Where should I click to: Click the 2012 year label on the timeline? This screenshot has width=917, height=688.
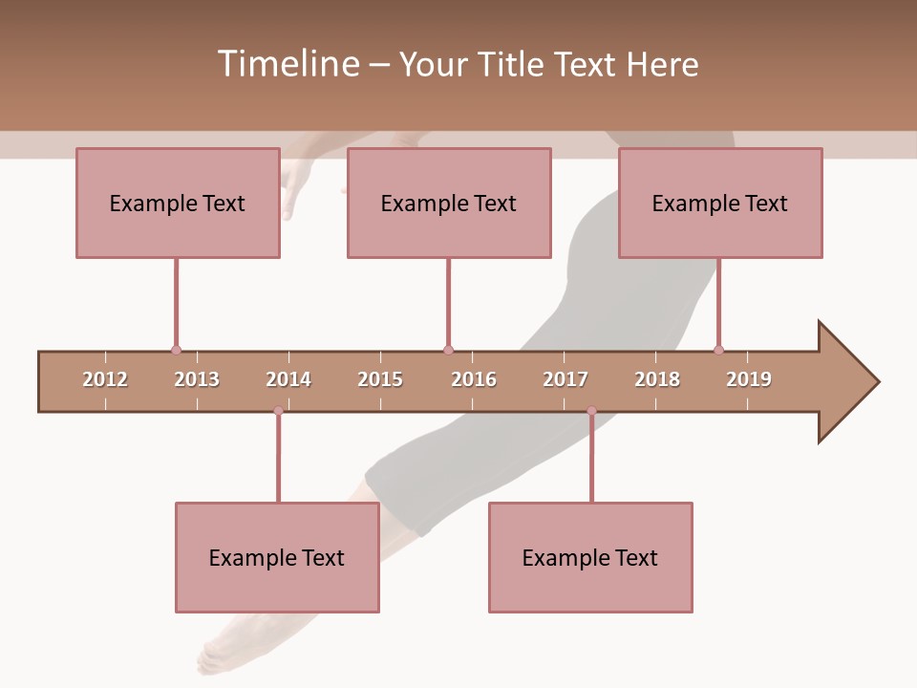[x=105, y=379]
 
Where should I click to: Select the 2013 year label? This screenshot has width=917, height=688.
[x=197, y=379]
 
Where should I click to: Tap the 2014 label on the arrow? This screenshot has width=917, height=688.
[x=288, y=379]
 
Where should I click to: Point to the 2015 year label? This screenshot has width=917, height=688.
[x=380, y=379]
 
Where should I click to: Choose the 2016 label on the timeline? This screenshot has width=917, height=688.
[x=474, y=379]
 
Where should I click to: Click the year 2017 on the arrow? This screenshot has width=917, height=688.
[x=565, y=379]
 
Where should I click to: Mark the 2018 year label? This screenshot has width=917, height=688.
[x=657, y=379]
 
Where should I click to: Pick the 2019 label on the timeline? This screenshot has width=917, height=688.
[x=749, y=379]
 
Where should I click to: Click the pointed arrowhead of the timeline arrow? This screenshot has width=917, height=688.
[x=850, y=382]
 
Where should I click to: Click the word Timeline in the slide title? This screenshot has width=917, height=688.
[x=287, y=64]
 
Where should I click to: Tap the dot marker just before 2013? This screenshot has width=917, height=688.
[x=176, y=350]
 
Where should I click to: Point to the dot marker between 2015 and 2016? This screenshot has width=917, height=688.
[x=448, y=350]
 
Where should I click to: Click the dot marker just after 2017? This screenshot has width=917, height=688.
[x=591, y=411]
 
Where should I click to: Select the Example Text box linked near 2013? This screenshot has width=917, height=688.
[x=178, y=203]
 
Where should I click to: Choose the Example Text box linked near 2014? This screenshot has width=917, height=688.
[x=277, y=557]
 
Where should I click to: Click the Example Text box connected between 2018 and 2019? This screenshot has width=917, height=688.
[x=720, y=203]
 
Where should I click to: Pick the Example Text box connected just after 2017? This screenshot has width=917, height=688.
[x=590, y=557]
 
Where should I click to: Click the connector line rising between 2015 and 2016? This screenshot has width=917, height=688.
[x=448, y=304]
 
